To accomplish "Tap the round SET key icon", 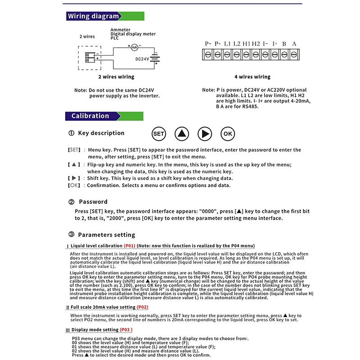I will point(159,134).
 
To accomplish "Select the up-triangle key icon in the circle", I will point(181,134).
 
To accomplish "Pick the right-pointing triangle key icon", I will point(205,134).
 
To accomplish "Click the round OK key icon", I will point(228,134).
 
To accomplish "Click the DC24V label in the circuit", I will point(142,58).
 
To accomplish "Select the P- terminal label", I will point(208,44).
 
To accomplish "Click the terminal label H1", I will point(246,44).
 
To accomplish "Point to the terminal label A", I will point(294,44).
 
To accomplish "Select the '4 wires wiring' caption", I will point(252,77).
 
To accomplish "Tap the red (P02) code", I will point(142,307).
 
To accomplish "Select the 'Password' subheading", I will point(93,202).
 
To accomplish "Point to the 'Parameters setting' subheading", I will point(106,234).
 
